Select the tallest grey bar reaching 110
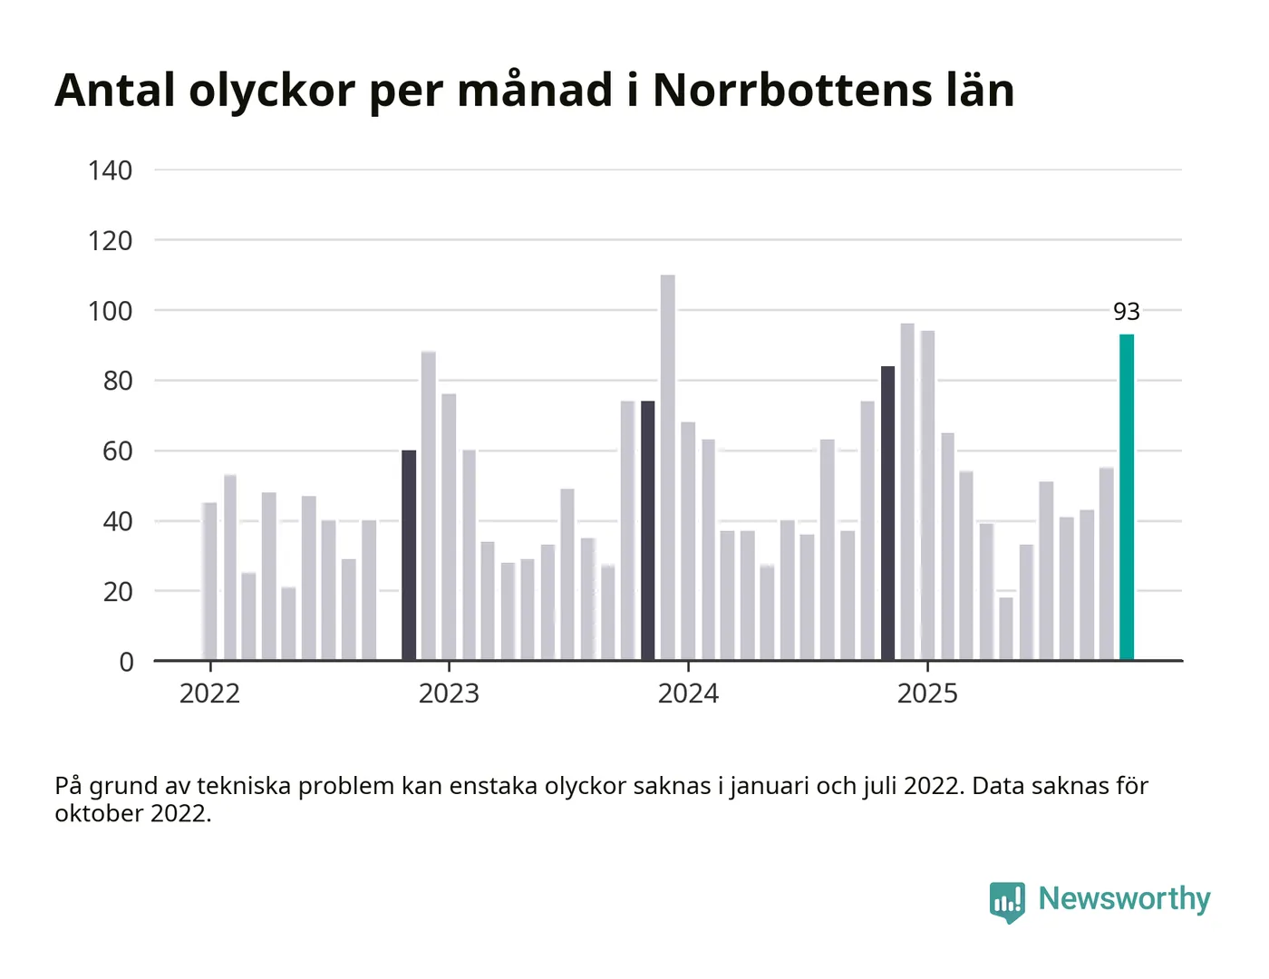click(x=668, y=467)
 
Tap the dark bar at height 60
click(x=409, y=555)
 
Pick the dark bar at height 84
click(x=887, y=513)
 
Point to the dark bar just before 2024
click(x=648, y=530)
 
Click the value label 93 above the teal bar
click(x=1127, y=312)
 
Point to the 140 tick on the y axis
click(x=111, y=170)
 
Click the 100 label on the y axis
click(x=111, y=311)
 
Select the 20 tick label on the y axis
click(x=118, y=592)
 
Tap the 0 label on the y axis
click(x=127, y=662)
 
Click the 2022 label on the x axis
click(x=209, y=693)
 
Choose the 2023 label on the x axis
click(x=449, y=693)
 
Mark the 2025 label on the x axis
click(x=927, y=693)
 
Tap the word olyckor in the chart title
click(x=272, y=91)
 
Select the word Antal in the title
click(x=115, y=91)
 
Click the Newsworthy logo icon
click(x=1007, y=901)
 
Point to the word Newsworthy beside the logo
click(x=1124, y=898)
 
